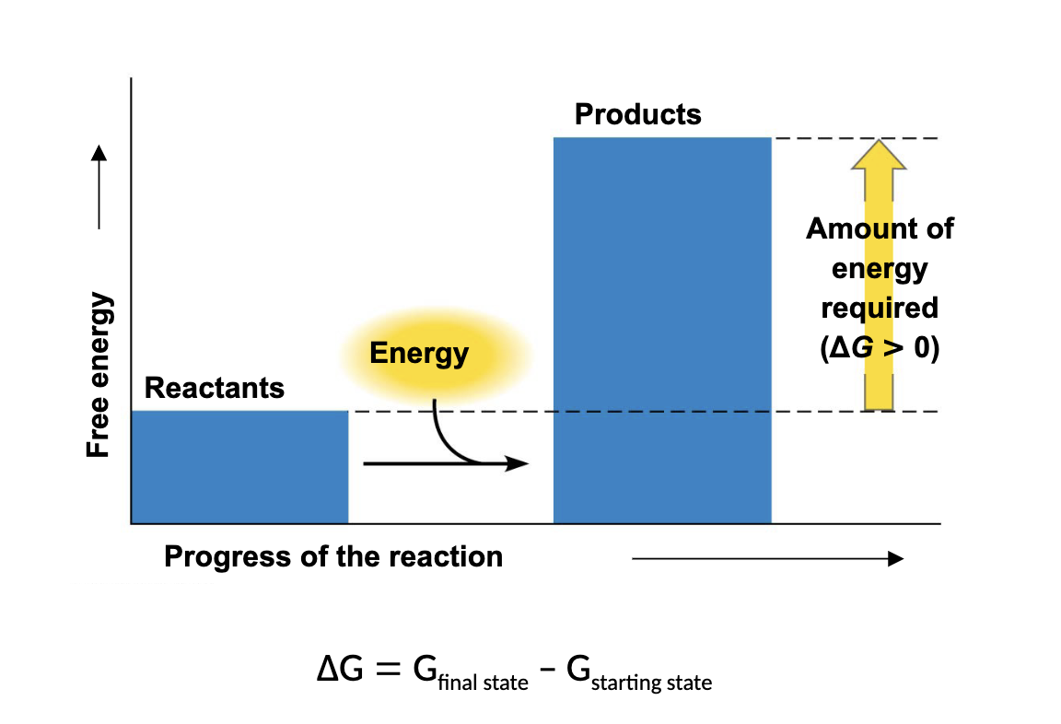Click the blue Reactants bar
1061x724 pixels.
click(x=239, y=466)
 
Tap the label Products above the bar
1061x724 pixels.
click(x=637, y=114)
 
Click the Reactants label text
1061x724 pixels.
click(x=215, y=388)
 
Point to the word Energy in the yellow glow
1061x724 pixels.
click(x=419, y=354)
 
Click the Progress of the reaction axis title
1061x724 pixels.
click(x=333, y=557)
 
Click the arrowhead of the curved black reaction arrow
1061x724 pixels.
click(x=520, y=463)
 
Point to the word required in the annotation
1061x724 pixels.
click(x=880, y=308)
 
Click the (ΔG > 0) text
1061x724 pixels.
click(x=880, y=350)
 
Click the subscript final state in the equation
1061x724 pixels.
click(x=483, y=683)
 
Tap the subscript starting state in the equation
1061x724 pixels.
click(x=651, y=683)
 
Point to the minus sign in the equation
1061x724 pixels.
click(x=547, y=671)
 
